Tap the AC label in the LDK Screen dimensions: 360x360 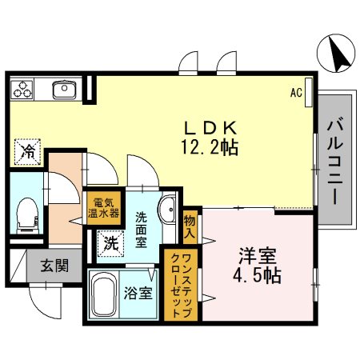(296, 92)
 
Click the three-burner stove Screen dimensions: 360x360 (23, 89)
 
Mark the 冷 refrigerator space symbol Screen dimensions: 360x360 (26, 150)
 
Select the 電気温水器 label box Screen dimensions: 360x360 (104, 207)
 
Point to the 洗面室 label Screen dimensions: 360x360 (140, 229)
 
